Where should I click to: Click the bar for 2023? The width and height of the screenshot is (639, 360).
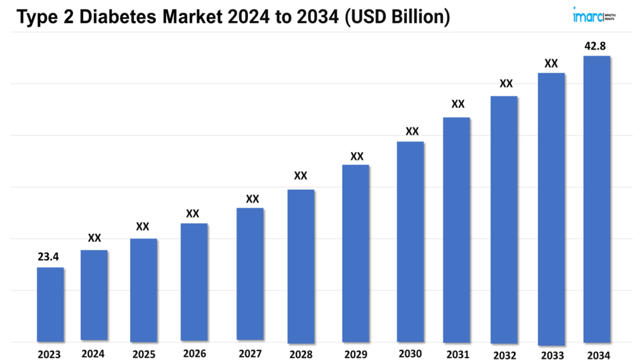pos(50,304)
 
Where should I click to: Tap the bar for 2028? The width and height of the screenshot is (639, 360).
pos(300,265)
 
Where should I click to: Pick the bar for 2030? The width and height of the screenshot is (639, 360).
pos(410,242)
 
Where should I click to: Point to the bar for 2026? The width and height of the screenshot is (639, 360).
pos(194,281)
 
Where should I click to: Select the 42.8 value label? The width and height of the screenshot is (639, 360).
pos(597,46)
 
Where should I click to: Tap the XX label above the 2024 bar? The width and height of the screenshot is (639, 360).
pos(95,239)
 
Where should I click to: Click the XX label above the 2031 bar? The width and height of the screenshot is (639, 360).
pos(458,104)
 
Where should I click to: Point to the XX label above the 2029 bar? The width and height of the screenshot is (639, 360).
pos(357,156)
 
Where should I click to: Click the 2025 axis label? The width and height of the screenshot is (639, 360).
pos(144,354)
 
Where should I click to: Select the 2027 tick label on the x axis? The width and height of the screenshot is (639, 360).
pos(250,354)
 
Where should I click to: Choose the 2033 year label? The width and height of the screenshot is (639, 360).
pos(551,355)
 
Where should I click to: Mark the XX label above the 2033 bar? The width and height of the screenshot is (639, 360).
pos(551,63)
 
